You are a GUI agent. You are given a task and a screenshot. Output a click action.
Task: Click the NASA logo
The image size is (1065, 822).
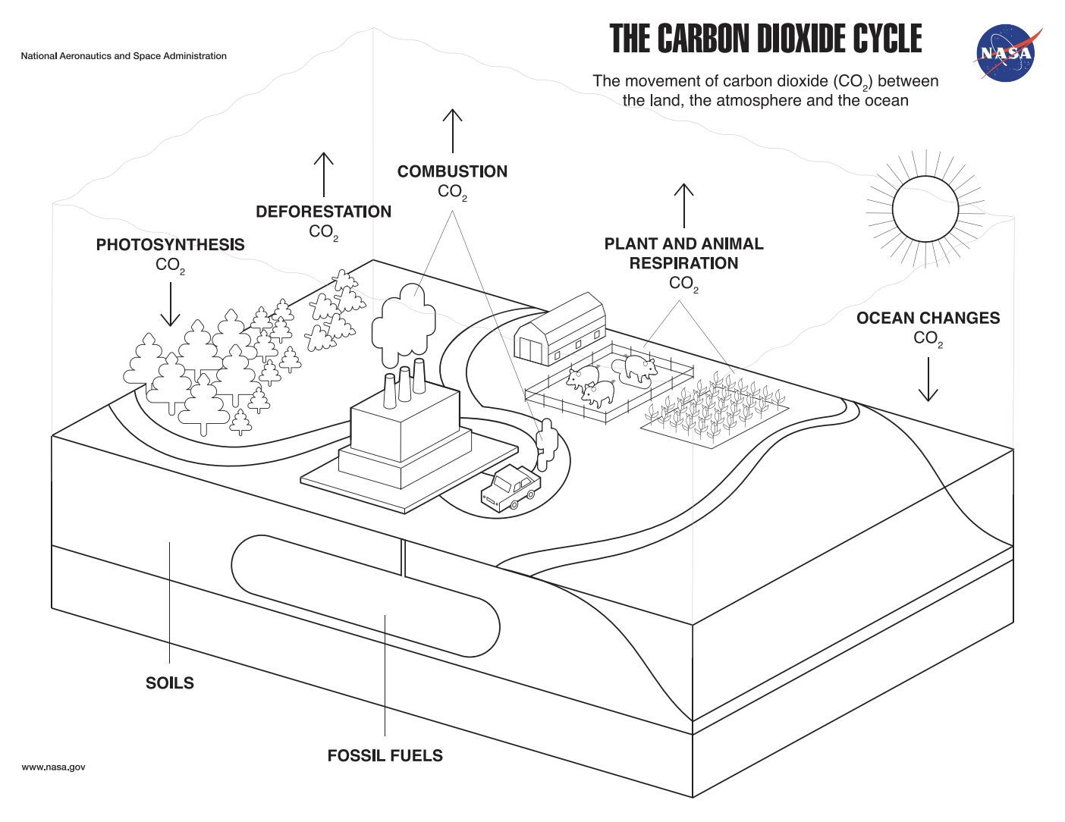[x=1005, y=53]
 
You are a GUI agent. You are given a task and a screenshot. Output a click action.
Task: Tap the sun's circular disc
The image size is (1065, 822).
[x=925, y=209]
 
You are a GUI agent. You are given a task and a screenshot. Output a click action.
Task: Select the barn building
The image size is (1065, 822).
[x=561, y=329]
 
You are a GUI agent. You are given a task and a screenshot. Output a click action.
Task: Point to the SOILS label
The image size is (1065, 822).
[x=170, y=683]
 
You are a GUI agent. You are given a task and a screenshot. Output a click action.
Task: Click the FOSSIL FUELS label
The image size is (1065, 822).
[x=385, y=755]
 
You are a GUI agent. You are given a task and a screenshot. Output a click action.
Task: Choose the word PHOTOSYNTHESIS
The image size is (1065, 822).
[x=170, y=245]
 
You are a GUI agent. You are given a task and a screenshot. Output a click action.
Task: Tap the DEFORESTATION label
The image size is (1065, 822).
[x=323, y=212]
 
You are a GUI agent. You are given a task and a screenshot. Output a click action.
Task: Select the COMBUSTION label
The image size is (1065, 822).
[x=452, y=171]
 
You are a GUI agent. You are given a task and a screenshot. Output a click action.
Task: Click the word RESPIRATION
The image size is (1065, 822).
[x=683, y=263]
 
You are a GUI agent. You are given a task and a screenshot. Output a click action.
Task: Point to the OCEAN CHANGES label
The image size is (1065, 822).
[x=928, y=318]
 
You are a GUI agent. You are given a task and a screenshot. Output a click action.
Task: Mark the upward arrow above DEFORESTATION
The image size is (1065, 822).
[x=324, y=174]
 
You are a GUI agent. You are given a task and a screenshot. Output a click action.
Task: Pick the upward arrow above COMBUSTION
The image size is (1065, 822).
[x=453, y=130]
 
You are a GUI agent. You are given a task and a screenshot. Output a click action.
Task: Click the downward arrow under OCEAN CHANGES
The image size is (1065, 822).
[x=928, y=379]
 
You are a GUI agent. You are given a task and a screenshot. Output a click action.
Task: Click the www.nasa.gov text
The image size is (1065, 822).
[x=53, y=767]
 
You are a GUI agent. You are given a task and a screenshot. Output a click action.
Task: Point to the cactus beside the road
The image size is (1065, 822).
[x=547, y=444]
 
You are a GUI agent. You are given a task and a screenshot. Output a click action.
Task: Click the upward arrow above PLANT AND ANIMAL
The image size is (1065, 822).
[x=684, y=205]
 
